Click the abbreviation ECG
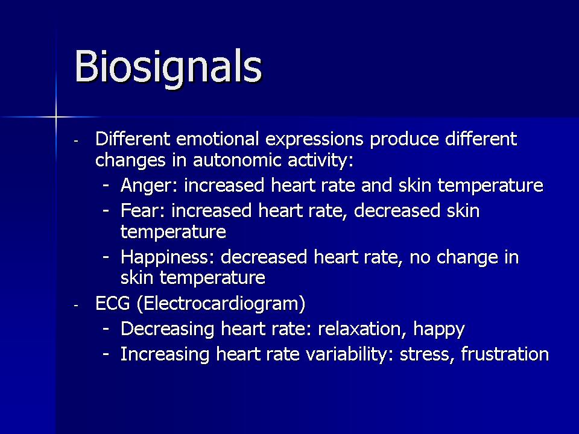pos(113,304)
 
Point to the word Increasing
pos(165,354)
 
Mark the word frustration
pos(505,354)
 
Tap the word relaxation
pos(362,329)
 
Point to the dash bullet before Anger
pos(106,185)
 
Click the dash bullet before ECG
pos(76,306)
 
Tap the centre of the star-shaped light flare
pos(56,118)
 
